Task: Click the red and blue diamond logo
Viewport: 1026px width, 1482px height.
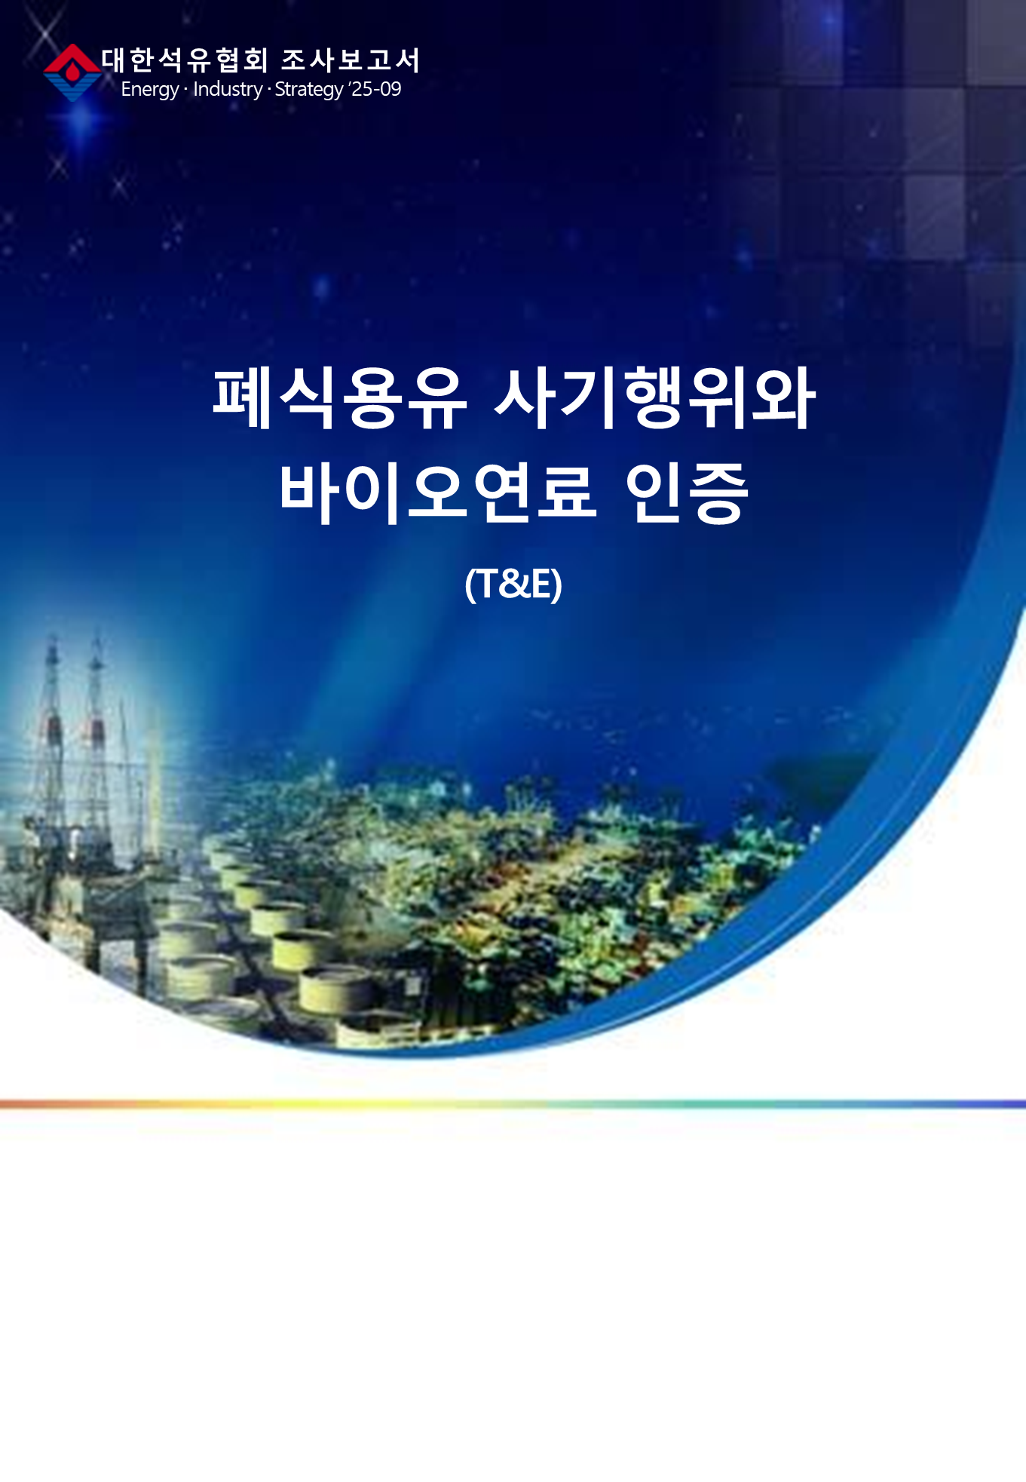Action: pyautogui.click(x=72, y=72)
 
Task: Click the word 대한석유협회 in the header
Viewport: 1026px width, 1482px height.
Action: pyautogui.click(x=185, y=60)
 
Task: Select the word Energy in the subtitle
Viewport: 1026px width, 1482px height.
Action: pyautogui.click(x=149, y=90)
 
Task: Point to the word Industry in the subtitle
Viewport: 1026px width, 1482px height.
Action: pyautogui.click(x=228, y=89)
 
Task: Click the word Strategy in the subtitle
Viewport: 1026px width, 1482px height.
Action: pyautogui.click(x=309, y=90)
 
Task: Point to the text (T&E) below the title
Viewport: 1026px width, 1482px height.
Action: pyautogui.click(x=513, y=585)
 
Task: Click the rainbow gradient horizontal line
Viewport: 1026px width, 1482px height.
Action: pyautogui.click(x=513, y=1104)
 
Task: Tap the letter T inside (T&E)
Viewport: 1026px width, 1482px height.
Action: pyautogui.click(x=487, y=585)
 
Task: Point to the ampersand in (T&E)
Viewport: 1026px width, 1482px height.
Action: pyautogui.click(x=515, y=585)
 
